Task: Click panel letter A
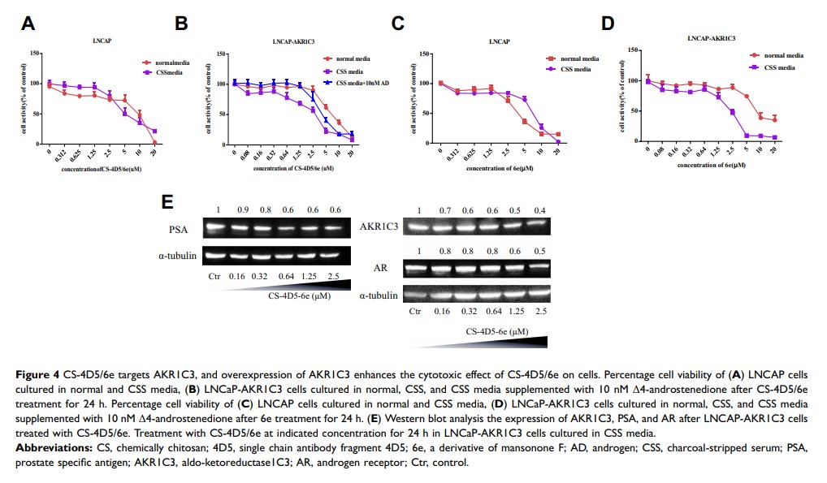pyautogui.click(x=27, y=24)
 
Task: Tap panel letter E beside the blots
pyautogui.click(x=167, y=201)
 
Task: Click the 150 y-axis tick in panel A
pyautogui.click(x=34, y=54)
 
